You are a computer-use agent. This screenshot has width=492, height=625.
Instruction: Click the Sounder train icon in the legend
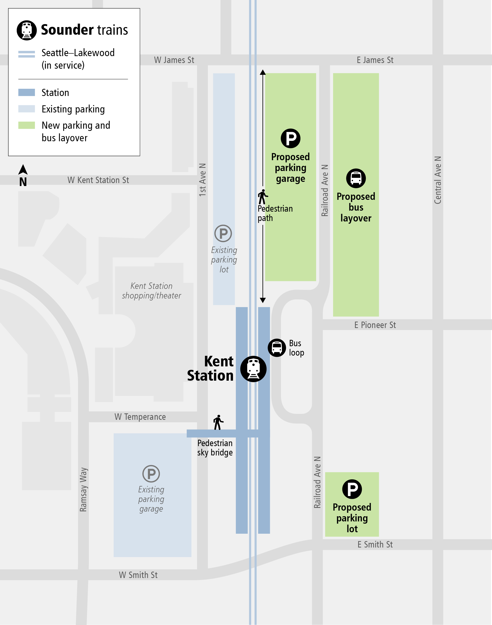click(x=27, y=30)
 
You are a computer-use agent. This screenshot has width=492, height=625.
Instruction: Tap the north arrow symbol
click(x=23, y=170)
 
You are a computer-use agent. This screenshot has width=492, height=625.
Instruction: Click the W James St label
click(x=174, y=60)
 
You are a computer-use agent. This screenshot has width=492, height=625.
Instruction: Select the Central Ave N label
click(x=438, y=180)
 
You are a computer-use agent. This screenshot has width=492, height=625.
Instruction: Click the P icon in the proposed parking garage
click(x=290, y=138)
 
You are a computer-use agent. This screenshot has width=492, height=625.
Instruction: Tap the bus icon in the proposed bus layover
click(x=356, y=178)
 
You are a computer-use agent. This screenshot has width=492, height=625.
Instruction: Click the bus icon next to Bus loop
click(x=277, y=347)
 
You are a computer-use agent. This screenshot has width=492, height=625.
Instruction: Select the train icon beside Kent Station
click(x=253, y=369)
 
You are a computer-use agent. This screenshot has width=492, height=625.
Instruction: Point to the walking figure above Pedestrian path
click(x=262, y=197)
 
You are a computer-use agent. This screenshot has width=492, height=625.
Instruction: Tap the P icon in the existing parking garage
click(x=151, y=473)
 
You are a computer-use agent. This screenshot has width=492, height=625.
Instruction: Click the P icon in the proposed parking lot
click(x=352, y=489)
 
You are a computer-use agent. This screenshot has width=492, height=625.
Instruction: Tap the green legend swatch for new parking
click(x=27, y=125)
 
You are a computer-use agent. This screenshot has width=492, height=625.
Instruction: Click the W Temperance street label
click(x=140, y=417)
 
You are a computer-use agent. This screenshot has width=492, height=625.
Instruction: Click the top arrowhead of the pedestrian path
click(x=262, y=72)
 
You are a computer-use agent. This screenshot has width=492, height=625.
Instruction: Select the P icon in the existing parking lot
click(x=223, y=234)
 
